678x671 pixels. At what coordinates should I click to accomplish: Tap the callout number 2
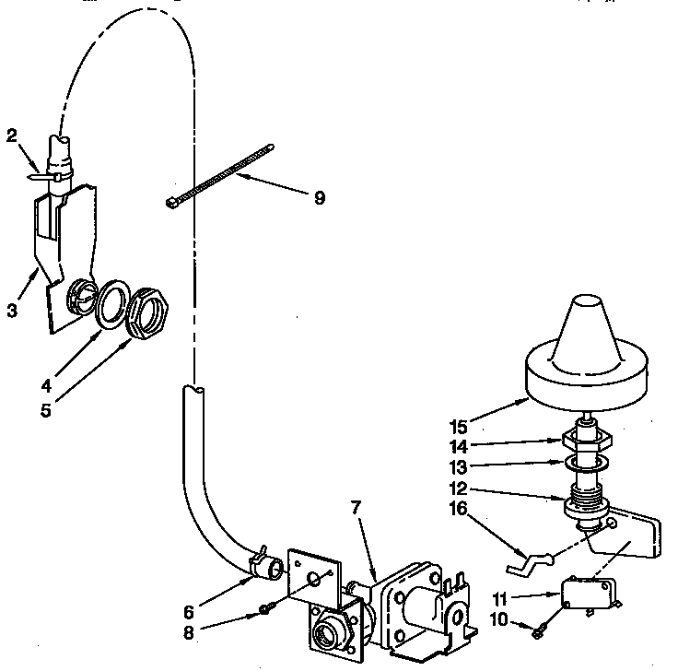coord(12,136)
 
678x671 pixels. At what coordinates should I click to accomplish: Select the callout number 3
coord(12,310)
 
